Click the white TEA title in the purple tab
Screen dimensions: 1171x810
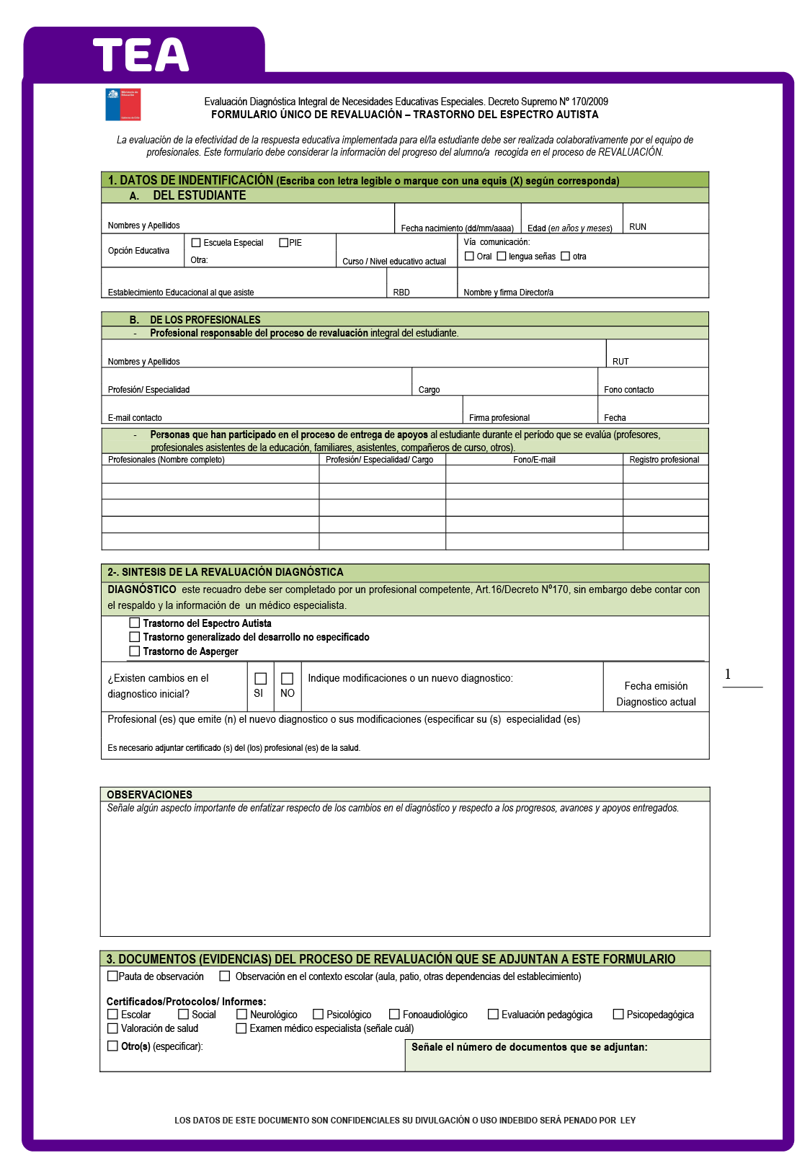click(x=141, y=55)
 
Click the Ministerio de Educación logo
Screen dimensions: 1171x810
click(x=123, y=104)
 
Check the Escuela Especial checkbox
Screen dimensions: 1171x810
click(x=196, y=243)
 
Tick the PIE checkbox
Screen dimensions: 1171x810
click(x=283, y=243)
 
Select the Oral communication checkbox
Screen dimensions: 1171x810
click(x=469, y=256)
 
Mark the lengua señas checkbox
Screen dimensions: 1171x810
click(x=502, y=256)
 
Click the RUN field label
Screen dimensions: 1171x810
click(x=637, y=227)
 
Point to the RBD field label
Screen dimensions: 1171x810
click(x=401, y=293)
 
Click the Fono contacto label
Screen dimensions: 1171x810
click(x=628, y=390)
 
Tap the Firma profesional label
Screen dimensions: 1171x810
click(x=499, y=418)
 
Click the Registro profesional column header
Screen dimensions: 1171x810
click(x=664, y=460)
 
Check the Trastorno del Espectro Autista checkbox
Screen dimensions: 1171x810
click(x=134, y=623)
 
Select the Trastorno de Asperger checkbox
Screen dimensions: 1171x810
click(x=134, y=651)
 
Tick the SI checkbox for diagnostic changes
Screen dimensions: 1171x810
click(x=260, y=679)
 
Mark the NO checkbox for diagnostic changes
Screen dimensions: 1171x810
click(x=287, y=679)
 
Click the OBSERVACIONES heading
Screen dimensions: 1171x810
click(x=149, y=794)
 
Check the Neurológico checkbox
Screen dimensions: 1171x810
click(x=241, y=1014)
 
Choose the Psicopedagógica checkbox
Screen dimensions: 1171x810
click(x=618, y=1014)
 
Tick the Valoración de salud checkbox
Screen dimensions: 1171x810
click(x=112, y=1028)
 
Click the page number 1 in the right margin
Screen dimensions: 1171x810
click(x=728, y=674)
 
